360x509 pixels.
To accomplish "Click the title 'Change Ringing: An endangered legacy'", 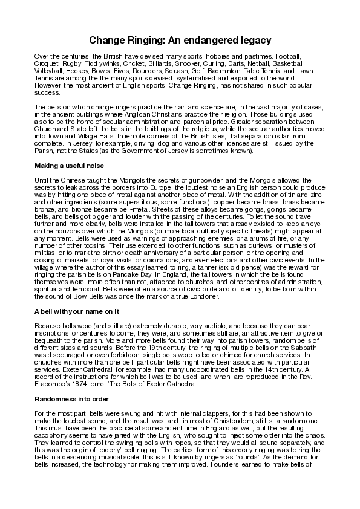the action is coord(180,41).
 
